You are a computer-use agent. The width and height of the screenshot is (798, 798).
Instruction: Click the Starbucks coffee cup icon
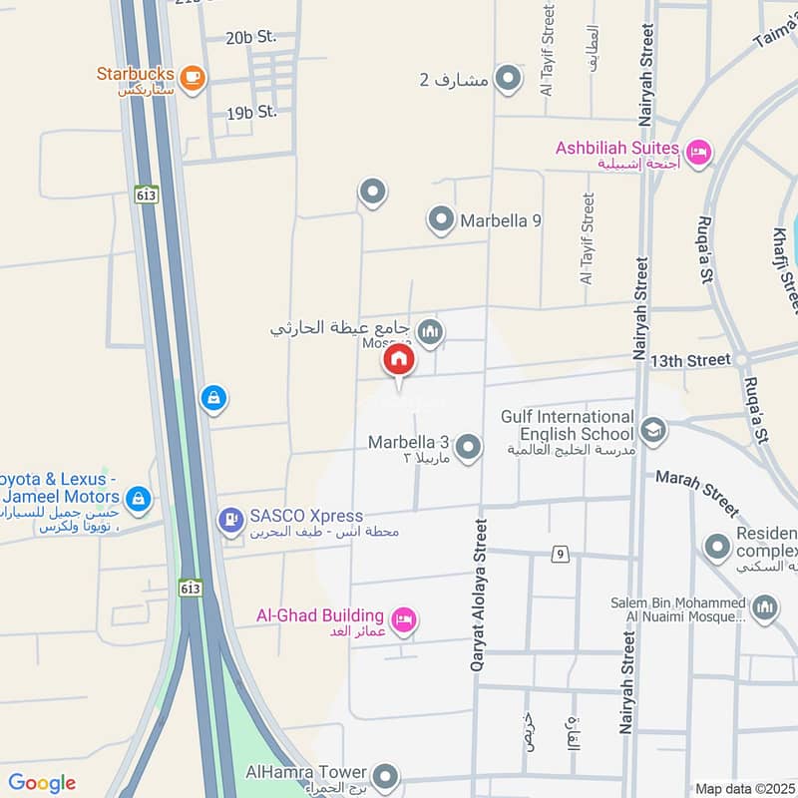[x=193, y=75]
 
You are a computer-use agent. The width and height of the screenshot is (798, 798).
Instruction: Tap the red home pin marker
[x=399, y=361]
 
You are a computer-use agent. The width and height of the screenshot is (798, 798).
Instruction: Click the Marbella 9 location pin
[x=440, y=219]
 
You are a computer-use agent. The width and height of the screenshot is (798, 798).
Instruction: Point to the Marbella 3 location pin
[x=467, y=447]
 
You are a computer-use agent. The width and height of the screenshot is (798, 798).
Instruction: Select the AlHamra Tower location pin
[x=385, y=775]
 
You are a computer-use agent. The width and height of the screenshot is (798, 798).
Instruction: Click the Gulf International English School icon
[x=653, y=429]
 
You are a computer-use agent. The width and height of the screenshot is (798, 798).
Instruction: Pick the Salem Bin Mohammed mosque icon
[x=764, y=607]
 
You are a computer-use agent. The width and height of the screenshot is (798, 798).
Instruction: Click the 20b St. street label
[x=250, y=38]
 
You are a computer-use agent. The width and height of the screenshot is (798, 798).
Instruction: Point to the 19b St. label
[x=251, y=113]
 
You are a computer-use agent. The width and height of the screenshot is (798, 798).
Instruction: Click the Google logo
[x=42, y=783]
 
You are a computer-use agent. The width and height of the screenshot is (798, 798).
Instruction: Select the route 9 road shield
[x=562, y=554]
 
